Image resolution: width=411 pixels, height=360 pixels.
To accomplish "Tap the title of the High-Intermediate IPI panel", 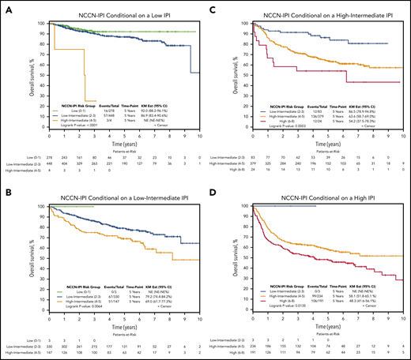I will pos(316,8).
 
